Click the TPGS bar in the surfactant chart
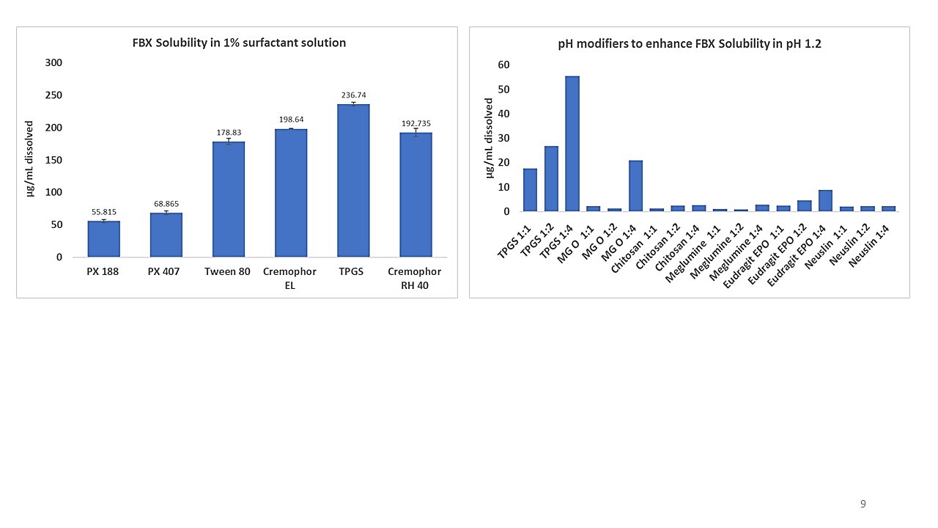353,180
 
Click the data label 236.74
353,95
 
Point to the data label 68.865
166,204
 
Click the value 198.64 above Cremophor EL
291,120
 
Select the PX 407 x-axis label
166,272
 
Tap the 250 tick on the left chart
53,95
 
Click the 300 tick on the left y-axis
53,63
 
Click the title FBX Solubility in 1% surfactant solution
234,43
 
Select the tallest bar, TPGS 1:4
572,144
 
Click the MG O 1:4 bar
635,186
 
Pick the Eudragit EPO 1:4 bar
825,201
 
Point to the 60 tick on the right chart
503,65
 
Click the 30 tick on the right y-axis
503,138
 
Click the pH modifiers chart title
690,44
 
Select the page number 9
863,504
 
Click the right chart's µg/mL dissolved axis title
489,138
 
